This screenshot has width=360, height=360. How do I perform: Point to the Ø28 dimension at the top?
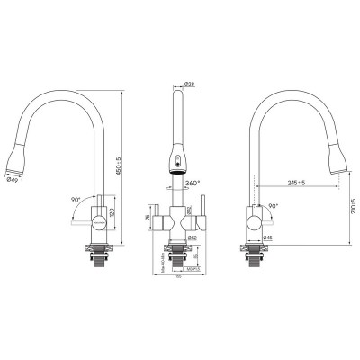point(190,84)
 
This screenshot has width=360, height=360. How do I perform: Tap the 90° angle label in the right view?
point(272,205)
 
